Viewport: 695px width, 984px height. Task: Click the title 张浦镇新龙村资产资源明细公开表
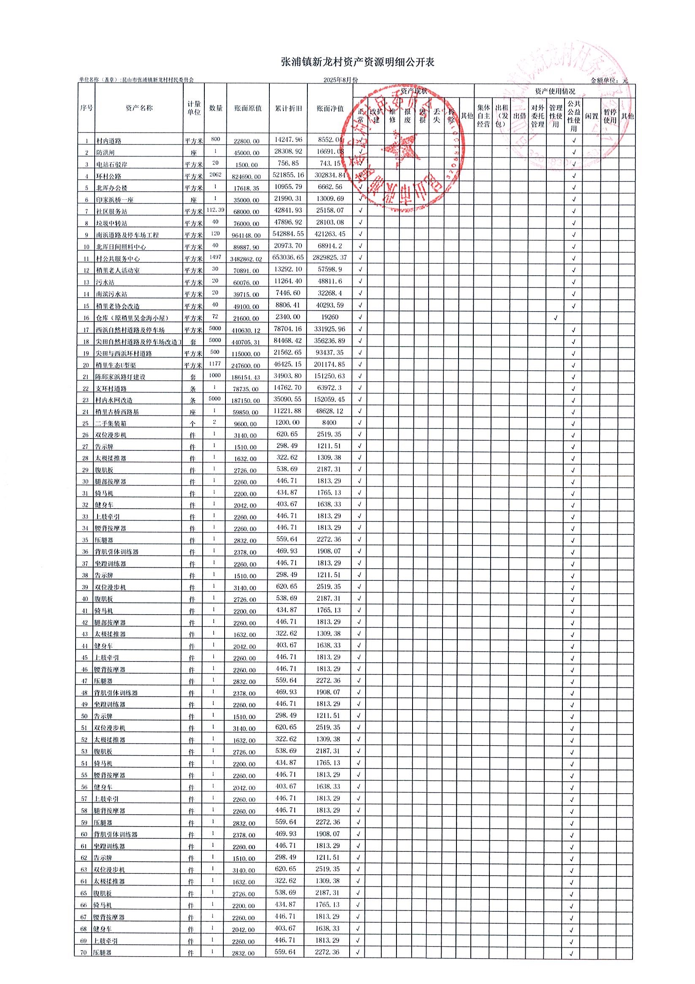(x=358, y=62)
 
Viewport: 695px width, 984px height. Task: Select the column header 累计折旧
(x=288, y=109)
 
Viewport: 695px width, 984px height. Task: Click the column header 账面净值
(x=330, y=109)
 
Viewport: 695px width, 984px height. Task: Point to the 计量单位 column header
(x=194, y=108)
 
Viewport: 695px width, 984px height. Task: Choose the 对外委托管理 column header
(x=537, y=116)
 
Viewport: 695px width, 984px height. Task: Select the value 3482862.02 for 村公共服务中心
(x=248, y=259)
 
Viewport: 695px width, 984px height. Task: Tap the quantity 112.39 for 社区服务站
(x=215, y=209)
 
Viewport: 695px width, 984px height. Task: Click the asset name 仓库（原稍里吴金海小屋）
(x=132, y=318)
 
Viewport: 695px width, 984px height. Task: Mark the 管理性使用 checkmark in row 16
(x=555, y=318)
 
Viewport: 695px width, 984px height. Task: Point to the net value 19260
(x=330, y=317)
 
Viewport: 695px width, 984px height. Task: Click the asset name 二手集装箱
(x=110, y=423)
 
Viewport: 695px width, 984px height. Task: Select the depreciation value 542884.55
(x=288, y=234)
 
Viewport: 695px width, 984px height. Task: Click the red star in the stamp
(x=400, y=149)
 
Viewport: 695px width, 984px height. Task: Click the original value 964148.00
(x=247, y=235)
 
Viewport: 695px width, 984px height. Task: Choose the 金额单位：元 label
(x=609, y=80)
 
